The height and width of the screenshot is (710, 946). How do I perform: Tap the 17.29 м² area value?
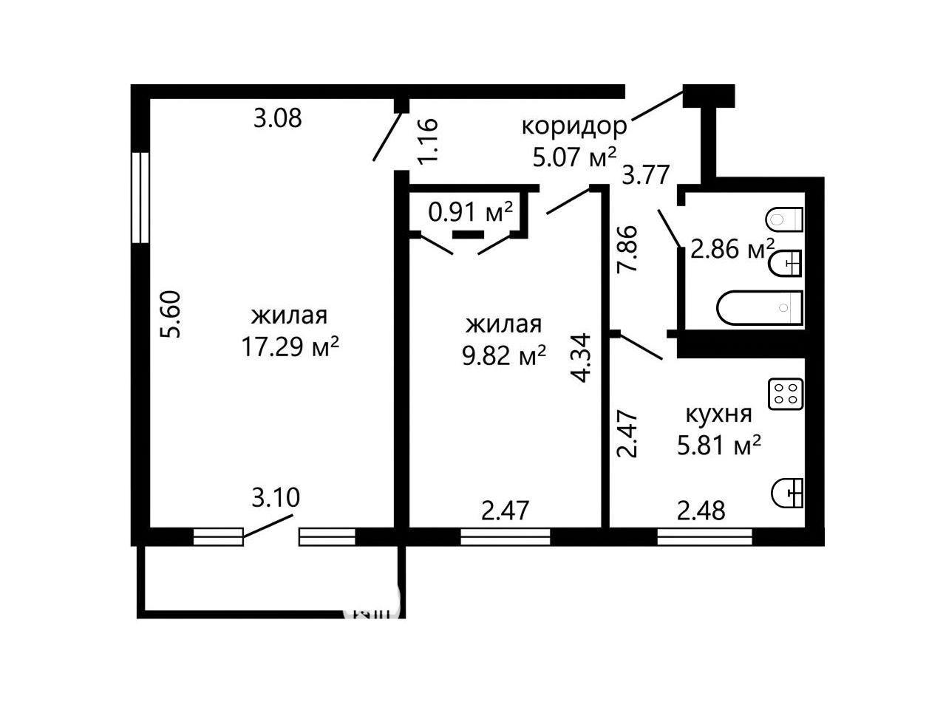[x=290, y=347]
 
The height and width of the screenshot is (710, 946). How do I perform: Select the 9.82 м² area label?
[x=503, y=355]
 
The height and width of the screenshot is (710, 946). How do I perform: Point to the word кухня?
[x=718, y=414]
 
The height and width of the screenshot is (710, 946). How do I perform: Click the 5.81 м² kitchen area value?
[x=718, y=445]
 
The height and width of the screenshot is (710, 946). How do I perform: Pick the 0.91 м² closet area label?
[x=470, y=211]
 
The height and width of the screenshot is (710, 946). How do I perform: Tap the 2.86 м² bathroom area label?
[x=732, y=249]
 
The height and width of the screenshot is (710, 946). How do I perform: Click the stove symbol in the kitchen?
[x=785, y=394]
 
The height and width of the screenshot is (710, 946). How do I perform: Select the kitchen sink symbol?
[x=787, y=494]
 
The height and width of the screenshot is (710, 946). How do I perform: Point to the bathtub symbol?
[x=759, y=307]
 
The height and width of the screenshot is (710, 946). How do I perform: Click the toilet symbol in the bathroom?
[x=784, y=219]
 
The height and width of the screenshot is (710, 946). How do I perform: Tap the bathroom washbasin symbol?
[x=785, y=263]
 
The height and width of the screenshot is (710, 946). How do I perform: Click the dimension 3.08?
[x=278, y=118]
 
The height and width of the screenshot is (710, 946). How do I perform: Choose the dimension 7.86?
[x=627, y=248]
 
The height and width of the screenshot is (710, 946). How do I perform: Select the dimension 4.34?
[x=579, y=358]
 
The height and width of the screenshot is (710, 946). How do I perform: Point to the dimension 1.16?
[x=428, y=140]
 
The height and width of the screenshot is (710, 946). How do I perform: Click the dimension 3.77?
[x=645, y=175]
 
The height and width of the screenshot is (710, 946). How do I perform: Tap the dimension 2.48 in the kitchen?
[x=701, y=511]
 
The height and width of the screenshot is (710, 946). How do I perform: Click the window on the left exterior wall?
[x=140, y=198]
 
